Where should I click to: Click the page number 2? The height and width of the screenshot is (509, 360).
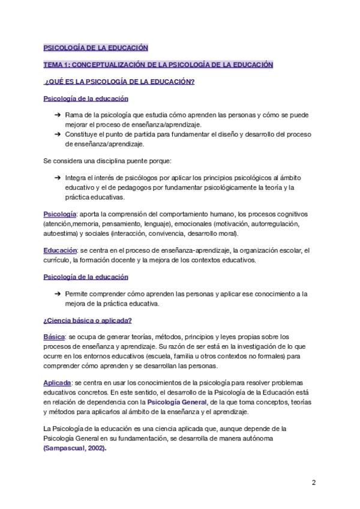[313, 483]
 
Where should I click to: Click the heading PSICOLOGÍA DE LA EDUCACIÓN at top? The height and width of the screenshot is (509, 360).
[96, 48]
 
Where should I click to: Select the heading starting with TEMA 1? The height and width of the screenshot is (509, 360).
[158, 65]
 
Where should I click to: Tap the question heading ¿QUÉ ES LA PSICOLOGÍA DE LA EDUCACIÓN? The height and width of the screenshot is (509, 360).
[119, 82]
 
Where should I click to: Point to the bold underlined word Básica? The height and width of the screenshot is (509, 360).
[55, 337]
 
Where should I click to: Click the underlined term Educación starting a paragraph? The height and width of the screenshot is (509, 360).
[60, 250]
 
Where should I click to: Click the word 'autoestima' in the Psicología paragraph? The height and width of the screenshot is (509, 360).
[60, 233]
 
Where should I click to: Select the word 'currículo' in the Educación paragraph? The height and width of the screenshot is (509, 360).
[56, 260]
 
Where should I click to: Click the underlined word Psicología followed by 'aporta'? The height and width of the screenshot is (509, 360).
[59, 214]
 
